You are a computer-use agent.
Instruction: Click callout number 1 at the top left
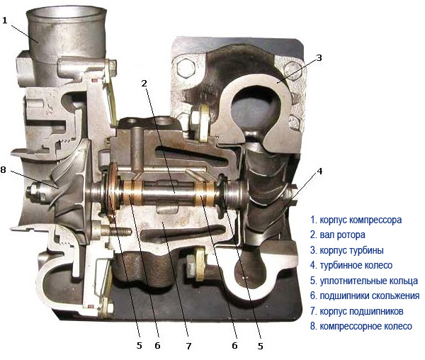(x=5, y=21)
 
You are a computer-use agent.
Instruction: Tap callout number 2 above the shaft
(x=144, y=83)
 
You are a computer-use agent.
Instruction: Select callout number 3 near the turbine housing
(x=319, y=57)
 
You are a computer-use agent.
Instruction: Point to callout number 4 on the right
(x=320, y=171)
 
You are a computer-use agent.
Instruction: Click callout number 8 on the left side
(x=4, y=169)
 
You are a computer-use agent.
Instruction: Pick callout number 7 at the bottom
(x=188, y=346)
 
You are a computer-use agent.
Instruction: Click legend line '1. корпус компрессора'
(x=356, y=220)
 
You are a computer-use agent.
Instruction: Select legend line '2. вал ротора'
(x=338, y=235)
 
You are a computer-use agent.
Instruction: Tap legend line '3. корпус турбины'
(x=347, y=250)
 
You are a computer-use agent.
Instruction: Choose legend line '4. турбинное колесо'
(x=351, y=265)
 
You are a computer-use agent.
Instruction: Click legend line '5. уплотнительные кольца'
(x=364, y=281)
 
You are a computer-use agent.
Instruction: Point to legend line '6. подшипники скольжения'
(x=365, y=296)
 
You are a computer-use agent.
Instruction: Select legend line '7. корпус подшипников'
(x=357, y=311)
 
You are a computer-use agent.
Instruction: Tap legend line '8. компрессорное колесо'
(x=361, y=326)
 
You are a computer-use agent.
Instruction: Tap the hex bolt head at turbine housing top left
(x=186, y=68)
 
